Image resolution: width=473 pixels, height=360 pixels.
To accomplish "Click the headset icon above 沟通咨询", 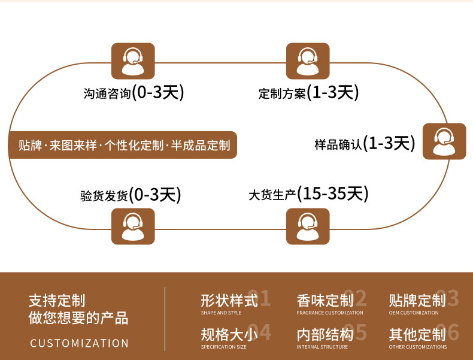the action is [133, 61].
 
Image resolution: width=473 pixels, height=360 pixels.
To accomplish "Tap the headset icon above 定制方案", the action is [308, 61].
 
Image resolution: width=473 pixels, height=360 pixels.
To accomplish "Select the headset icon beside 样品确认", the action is [444, 141].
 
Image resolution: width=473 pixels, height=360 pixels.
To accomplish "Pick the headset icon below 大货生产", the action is [308, 226].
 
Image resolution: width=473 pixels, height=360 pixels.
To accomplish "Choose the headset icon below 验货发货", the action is [133, 226].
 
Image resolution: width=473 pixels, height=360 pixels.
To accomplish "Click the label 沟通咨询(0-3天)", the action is [134, 92].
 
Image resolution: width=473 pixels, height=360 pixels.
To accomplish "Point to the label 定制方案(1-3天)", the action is [308, 92].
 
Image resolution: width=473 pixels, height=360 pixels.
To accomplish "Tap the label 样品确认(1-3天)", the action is [365, 143].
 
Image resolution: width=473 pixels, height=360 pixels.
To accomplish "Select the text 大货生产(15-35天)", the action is [308, 193].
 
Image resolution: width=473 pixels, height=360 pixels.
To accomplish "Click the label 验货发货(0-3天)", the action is [131, 195].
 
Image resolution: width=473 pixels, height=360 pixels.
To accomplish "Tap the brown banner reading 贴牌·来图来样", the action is [123, 145].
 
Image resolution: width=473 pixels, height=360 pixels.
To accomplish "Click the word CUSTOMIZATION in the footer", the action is [80, 343].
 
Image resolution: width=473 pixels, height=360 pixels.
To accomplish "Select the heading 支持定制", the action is [57, 301].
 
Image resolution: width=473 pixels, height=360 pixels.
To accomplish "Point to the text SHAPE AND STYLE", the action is [221, 313].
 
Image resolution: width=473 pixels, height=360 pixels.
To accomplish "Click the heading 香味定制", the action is [325, 301].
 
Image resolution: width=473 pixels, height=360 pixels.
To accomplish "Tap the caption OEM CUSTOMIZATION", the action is [414, 313].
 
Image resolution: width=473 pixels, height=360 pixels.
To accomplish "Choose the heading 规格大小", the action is [229, 335].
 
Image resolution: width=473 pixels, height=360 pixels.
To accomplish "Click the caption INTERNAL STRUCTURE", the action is [322, 347].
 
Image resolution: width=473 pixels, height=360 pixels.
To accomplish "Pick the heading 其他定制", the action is [417, 335].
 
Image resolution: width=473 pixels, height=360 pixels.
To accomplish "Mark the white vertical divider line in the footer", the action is [165, 319].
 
